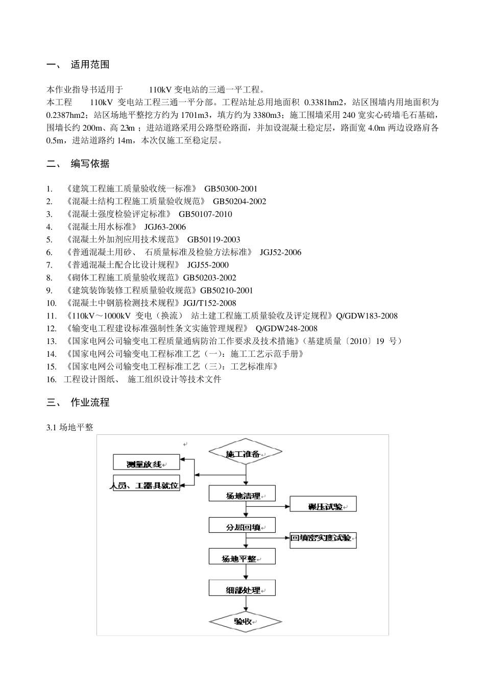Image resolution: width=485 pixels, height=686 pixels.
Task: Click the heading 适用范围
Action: [90, 65]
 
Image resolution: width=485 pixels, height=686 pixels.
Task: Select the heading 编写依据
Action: [90, 164]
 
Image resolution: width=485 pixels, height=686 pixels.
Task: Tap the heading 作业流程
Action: [90, 403]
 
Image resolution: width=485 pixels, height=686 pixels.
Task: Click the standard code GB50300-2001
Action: [231, 189]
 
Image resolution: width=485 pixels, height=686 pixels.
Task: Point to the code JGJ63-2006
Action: [165, 227]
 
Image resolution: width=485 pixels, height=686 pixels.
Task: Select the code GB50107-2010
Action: [205, 214]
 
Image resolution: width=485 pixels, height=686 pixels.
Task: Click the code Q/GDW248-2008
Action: [286, 329]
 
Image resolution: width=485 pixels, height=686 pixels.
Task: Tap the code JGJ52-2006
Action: [280, 253]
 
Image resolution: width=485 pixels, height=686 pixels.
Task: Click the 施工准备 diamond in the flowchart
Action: [245, 453]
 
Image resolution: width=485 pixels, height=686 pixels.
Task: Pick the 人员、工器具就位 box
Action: [146, 485]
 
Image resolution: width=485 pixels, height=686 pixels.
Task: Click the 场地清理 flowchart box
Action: [242, 494]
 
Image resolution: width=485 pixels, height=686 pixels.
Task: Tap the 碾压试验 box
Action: [323, 505]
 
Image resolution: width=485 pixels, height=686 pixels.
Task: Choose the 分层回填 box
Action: [242, 526]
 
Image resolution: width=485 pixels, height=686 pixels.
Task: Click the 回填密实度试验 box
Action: [323, 538]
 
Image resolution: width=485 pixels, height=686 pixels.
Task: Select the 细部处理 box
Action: [242, 589]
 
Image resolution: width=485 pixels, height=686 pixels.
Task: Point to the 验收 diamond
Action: [245, 621]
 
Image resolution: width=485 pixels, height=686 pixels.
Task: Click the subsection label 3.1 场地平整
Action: [70, 428]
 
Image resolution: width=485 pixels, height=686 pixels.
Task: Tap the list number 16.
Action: [51, 379]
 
